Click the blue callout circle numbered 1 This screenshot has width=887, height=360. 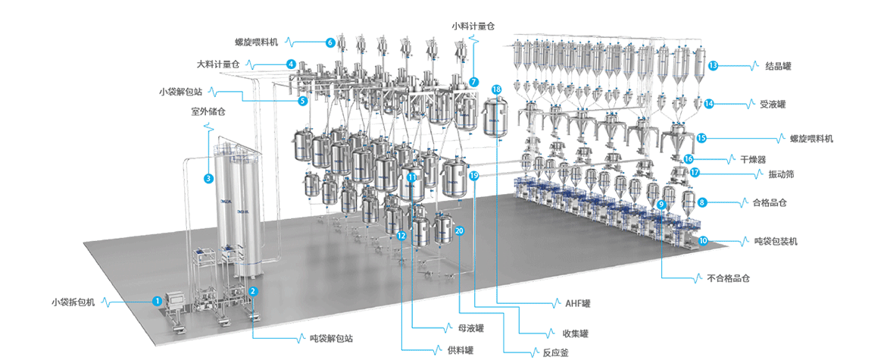(x=157, y=301)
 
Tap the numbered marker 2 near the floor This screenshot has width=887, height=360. (x=254, y=290)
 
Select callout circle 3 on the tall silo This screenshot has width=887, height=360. (x=208, y=178)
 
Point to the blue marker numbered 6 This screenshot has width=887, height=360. (x=330, y=43)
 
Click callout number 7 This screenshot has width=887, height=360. (x=473, y=81)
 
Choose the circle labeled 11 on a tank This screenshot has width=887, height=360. (x=412, y=177)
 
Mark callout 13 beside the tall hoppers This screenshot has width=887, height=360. (x=713, y=66)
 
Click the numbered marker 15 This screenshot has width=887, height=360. (x=701, y=138)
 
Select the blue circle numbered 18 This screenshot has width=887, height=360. (x=496, y=89)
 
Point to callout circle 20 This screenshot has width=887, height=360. (x=460, y=230)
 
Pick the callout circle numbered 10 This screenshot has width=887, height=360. (x=703, y=240)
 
